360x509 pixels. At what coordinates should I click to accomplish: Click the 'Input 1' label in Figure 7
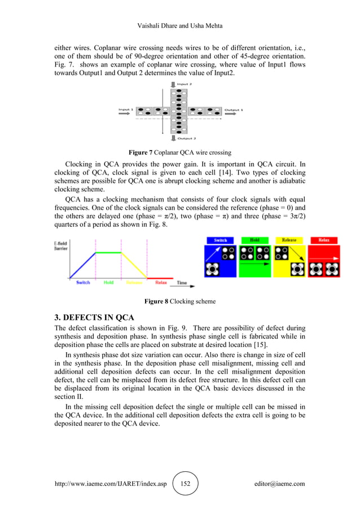coord(125,109)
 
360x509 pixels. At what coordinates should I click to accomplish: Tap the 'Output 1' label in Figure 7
coord(234,109)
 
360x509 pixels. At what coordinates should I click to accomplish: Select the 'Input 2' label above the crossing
coord(183,84)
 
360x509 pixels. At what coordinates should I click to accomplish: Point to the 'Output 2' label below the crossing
coord(186,138)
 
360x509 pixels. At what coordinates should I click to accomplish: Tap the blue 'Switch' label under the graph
coord(83,282)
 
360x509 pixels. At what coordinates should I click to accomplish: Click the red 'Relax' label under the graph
coord(161,282)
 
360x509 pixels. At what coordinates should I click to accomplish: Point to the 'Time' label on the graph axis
coord(182,282)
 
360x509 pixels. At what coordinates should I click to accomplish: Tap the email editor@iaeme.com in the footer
coord(280,484)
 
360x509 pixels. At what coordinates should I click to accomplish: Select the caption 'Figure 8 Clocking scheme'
coord(180,301)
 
